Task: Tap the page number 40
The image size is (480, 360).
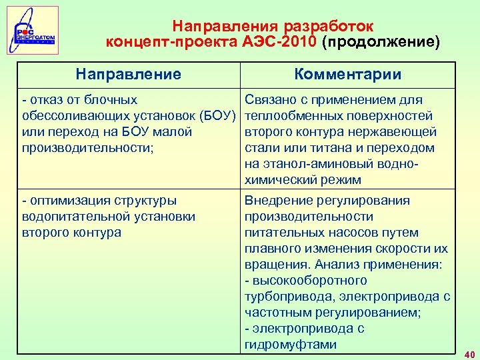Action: coord(469,354)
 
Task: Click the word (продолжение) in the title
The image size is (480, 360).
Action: coord(381,43)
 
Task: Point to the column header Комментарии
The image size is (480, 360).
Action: coord(348,74)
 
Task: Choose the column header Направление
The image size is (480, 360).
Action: coord(128,74)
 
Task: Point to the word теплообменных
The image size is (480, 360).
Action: coord(289,116)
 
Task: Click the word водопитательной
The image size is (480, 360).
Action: coord(76,217)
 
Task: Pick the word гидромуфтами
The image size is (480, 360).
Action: coord(291,345)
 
